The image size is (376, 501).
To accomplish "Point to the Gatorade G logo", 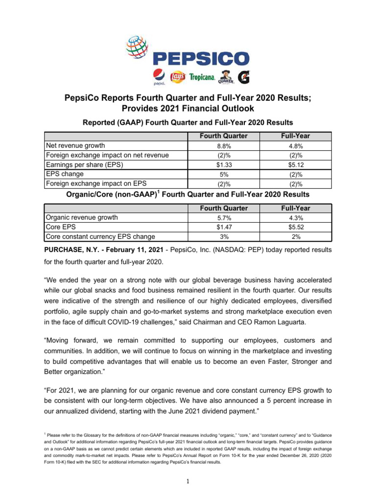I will (x=243, y=77).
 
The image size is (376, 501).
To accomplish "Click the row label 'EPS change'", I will (x=64, y=174).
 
